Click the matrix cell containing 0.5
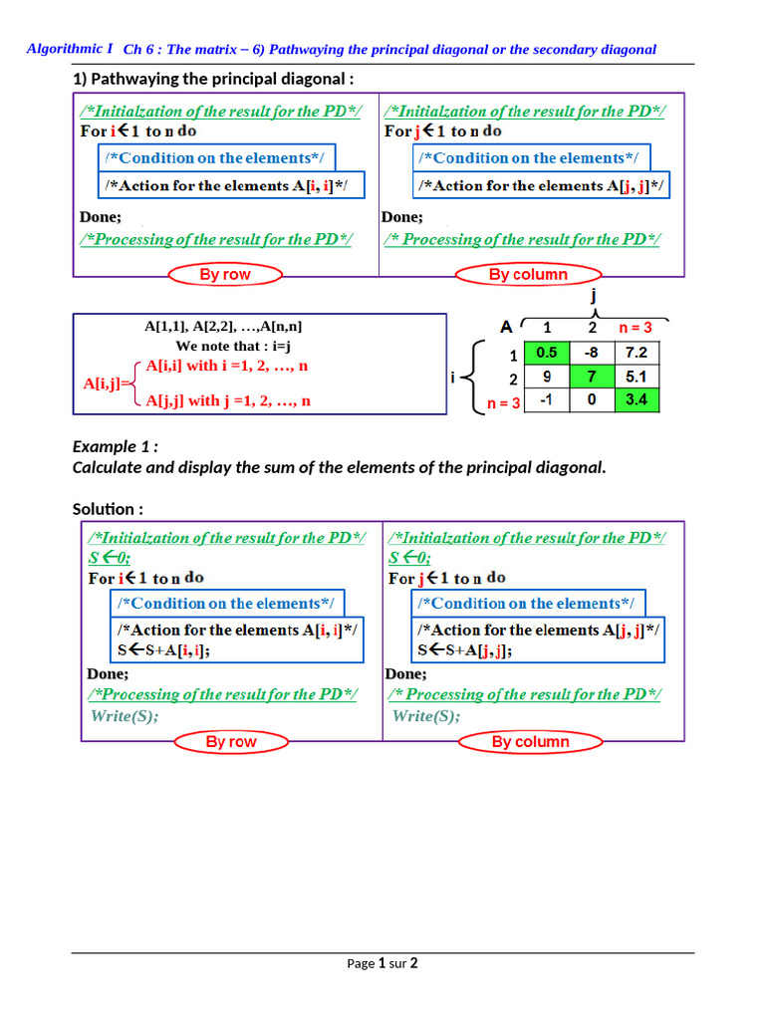pyautogui.click(x=546, y=353)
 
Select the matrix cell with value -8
pyautogui.click(x=591, y=353)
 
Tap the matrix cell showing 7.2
pyautogui.click(x=637, y=353)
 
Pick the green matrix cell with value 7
pyautogui.click(x=591, y=377)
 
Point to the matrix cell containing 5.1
pyautogui.click(x=637, y=377)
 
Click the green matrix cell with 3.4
pyautogui.click(x=637, y=400)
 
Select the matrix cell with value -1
pyautogui.click(x=546, y=400)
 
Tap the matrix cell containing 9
pyautogui.click(x=546, y=377)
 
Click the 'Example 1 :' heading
pyautogui.click(x=116, y=446)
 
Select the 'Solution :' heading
pyautogui.click(x=108, y=509)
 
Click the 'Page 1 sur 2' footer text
pyautogui.click(x=382, y=963)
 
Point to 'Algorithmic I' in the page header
pyautogui.click(x=70, y=48)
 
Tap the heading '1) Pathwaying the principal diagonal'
pyautogui.click(x=213, y=79)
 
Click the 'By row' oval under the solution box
pyautogui.click(x=231, y=742)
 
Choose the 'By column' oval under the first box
pyautogui.click(x=528, y=275)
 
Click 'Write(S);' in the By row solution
pyautogui.click(x=125, y=716)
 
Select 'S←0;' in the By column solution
pyautogui.click(x=409, y=558)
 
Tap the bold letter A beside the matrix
pyautogui.click(x=506, y=327)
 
